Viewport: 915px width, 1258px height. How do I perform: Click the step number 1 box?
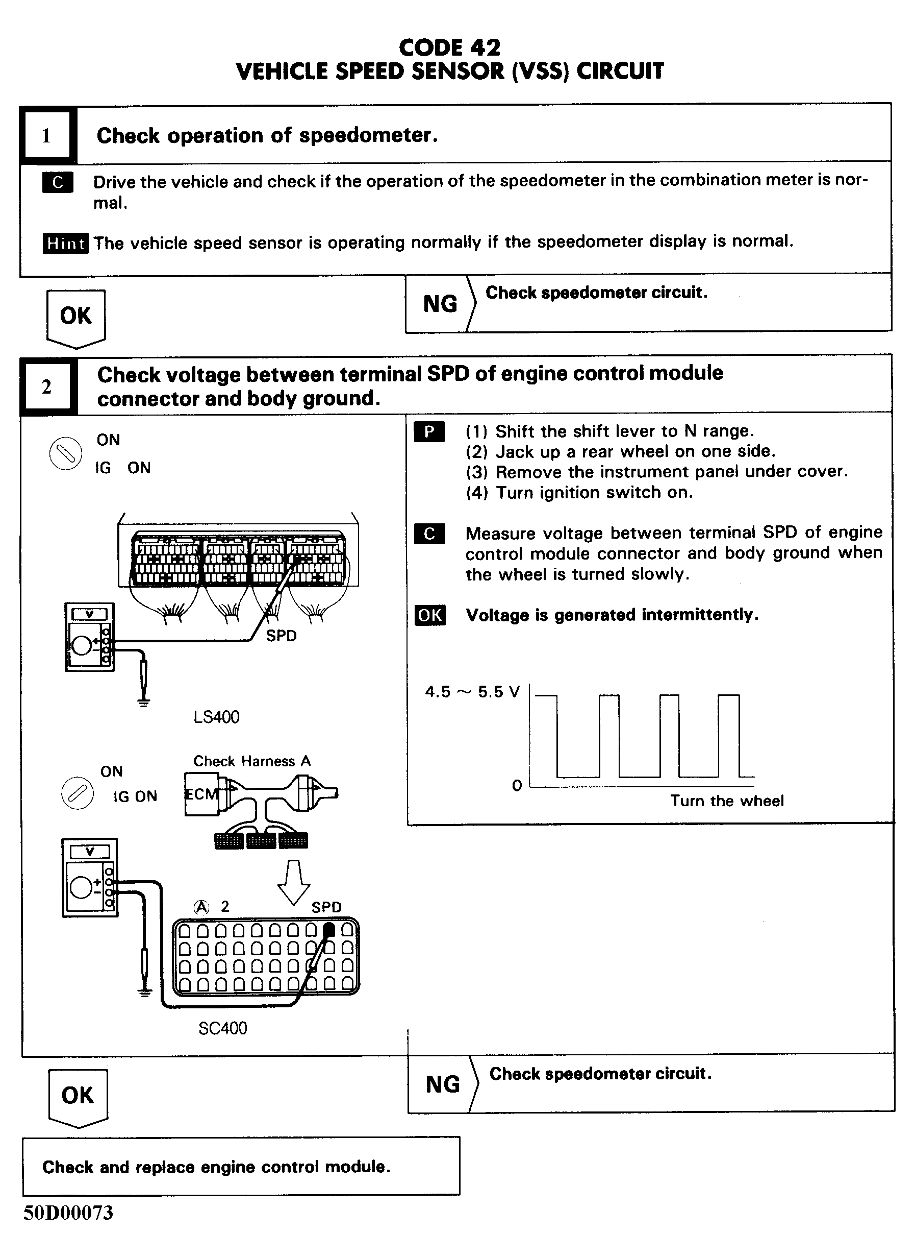click(46, 136)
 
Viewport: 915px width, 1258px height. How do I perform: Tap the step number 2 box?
click(46, 386)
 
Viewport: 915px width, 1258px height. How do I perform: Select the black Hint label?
click(65, 244)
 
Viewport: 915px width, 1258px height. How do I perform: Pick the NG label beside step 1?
click(440, 304)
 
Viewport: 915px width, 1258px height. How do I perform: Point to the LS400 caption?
click(216, 717)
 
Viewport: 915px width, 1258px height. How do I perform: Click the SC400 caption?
click(223, 1028)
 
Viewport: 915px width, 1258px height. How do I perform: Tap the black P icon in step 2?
click(429, 432)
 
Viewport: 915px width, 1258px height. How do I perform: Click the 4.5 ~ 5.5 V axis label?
click(472, 692)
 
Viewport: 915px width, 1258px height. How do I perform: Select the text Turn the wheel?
click(727, 801)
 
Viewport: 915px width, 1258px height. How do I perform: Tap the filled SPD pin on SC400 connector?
click(328, 930)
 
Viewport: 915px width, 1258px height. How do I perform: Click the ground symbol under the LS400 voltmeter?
click(143, 703)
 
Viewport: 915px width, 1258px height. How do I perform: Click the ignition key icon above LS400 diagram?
click(65, 454)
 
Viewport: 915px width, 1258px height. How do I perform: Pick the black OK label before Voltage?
click(429, 615)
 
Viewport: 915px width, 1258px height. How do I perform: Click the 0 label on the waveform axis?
click(517, 786)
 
